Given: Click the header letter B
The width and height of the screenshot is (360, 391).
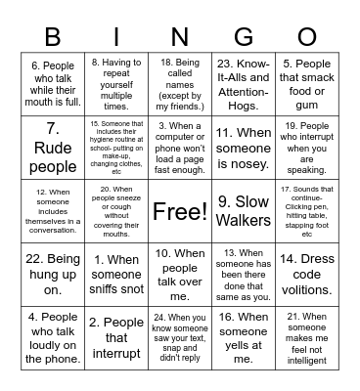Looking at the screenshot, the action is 53,38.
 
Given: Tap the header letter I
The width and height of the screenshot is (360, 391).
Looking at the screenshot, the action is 116,38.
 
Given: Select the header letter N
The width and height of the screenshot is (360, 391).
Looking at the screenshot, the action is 181,38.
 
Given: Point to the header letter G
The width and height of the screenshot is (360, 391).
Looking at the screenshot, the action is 244,38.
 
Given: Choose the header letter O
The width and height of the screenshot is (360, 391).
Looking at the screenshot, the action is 307,38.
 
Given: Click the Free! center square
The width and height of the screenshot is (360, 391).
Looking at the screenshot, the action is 181,210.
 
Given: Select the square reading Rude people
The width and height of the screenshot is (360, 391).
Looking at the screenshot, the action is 53,147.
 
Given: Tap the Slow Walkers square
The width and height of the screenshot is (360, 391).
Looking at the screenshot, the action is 244,210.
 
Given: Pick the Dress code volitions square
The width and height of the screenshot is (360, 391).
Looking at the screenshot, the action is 307,274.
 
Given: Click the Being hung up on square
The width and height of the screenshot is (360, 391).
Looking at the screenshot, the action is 53,274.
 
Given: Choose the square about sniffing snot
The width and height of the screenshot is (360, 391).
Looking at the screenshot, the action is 116,274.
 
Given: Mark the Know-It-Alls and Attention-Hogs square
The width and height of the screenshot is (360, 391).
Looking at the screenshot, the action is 244,82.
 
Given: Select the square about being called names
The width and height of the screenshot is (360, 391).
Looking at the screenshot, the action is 181,82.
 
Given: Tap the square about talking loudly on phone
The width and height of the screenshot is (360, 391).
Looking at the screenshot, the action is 53,337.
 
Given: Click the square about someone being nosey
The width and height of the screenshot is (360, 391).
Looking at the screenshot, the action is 244,147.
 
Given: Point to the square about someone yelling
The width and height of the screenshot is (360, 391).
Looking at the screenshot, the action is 244,337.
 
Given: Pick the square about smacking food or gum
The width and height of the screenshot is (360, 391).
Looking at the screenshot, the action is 307,82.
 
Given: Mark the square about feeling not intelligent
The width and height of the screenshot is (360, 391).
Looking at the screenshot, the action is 307,337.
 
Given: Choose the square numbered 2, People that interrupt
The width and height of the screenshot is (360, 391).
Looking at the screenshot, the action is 116,337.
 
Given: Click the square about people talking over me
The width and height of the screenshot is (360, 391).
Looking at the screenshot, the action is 181,274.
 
